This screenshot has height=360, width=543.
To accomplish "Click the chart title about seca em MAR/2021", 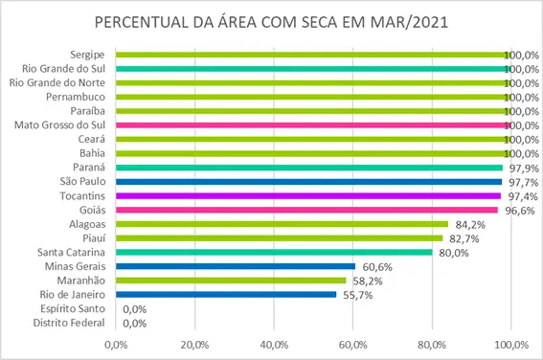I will pos(271,21).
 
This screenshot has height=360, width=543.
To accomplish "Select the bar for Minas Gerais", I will pos(236,266).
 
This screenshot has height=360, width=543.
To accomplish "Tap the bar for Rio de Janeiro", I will pos(226,295).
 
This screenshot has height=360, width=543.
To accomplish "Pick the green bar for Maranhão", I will pos(231,281).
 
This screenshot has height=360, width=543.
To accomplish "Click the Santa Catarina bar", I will pos(274,252).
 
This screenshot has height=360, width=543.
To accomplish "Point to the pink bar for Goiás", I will pos(306,210).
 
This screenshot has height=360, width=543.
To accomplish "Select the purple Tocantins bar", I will pos(308,195).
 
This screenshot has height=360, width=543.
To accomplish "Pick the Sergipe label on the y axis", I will pos(88,55).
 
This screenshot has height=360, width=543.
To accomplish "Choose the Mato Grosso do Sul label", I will pos(59,125).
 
